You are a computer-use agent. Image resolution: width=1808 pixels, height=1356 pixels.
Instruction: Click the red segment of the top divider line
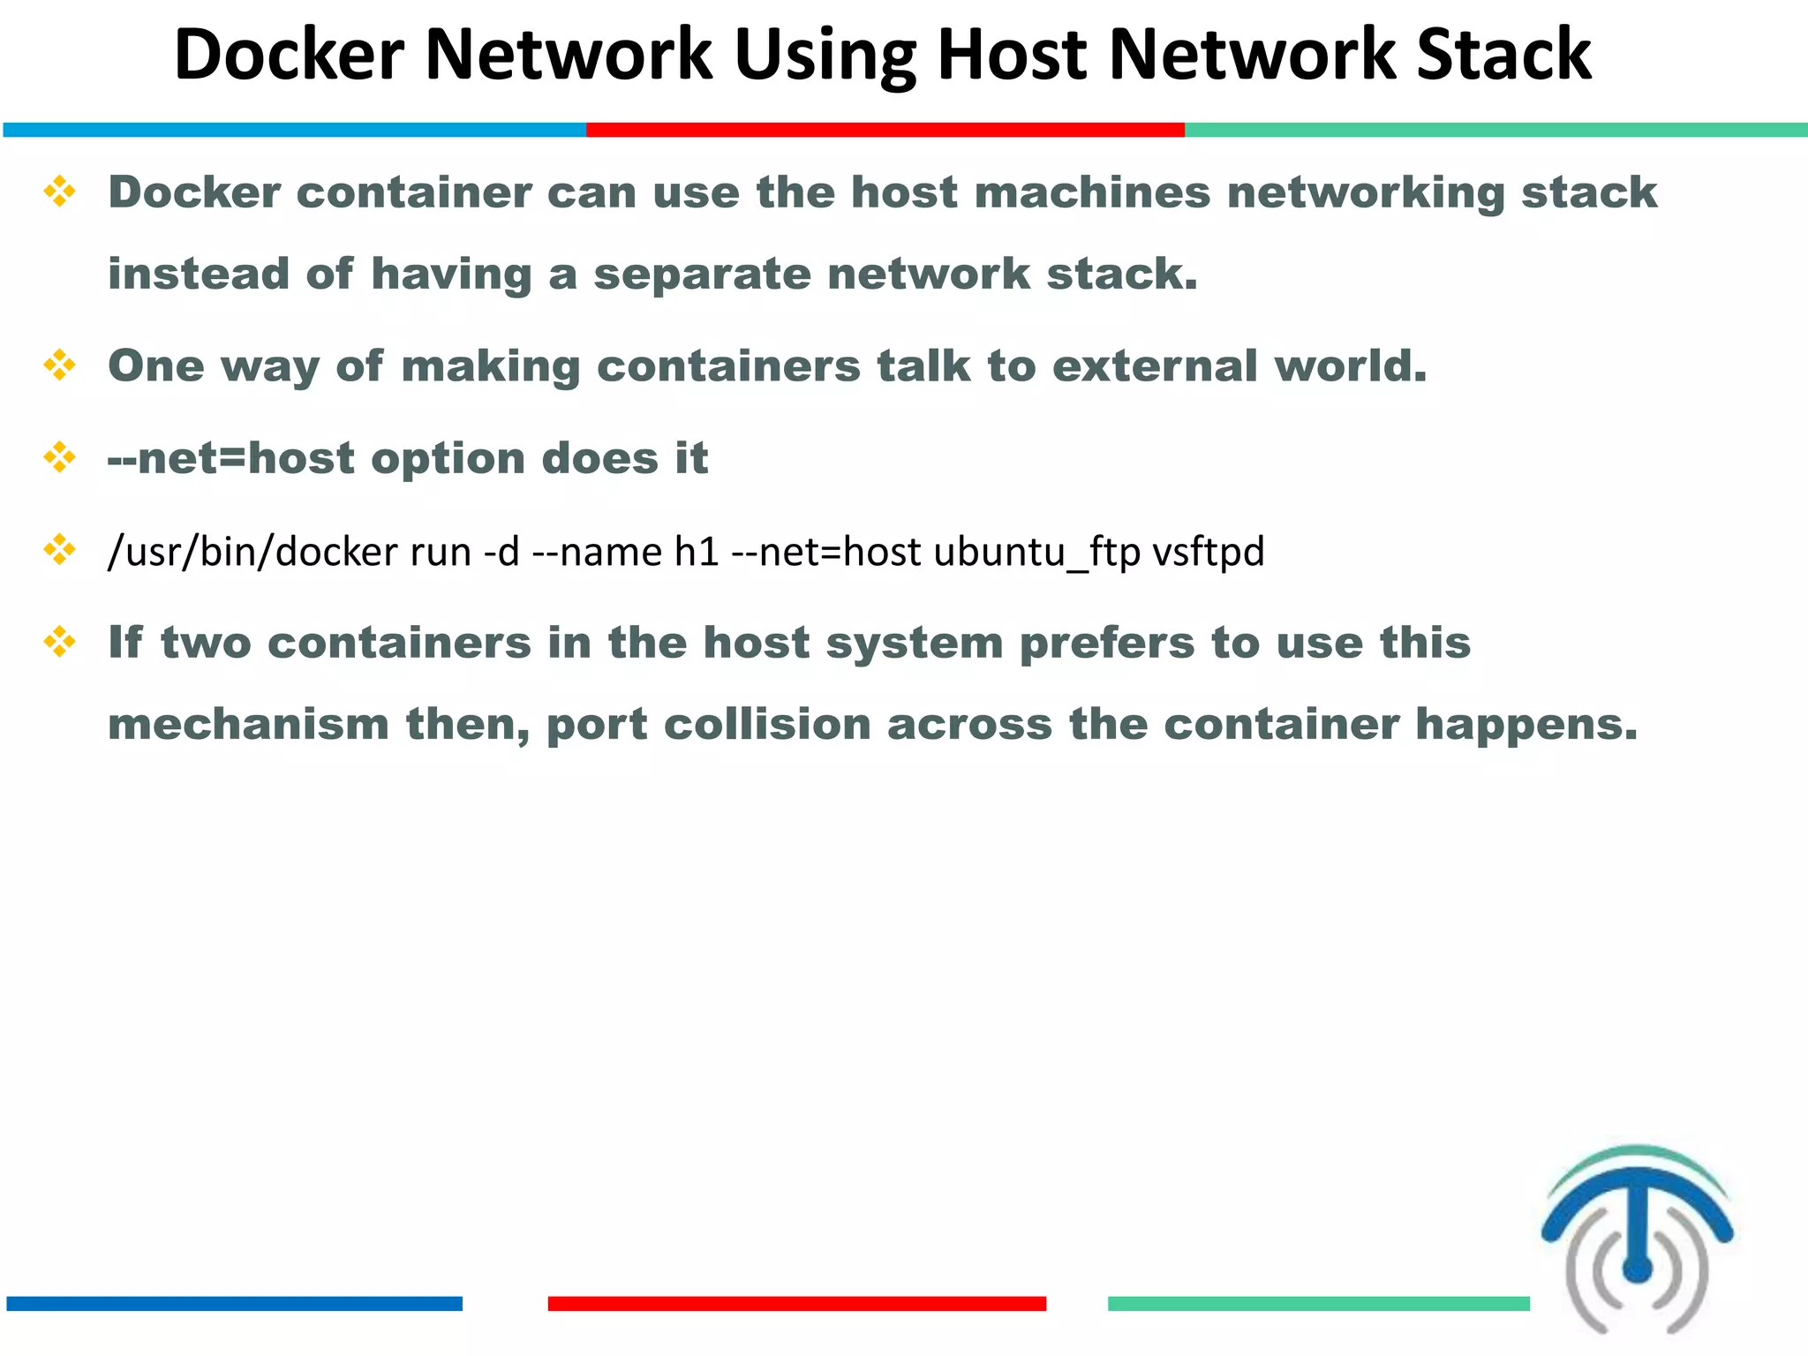885,130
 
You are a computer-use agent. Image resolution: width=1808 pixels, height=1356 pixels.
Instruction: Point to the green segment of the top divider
1495,130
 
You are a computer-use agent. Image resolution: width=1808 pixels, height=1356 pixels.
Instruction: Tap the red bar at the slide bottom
796,1303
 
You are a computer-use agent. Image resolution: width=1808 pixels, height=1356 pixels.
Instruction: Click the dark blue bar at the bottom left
234,1303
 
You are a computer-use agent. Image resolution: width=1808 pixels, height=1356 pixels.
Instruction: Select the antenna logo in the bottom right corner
1638,1236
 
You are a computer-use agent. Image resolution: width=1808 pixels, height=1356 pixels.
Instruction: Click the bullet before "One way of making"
59,365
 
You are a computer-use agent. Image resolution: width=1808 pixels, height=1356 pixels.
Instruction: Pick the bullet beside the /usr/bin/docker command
59,549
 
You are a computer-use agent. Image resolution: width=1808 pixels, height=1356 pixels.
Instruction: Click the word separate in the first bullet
702,274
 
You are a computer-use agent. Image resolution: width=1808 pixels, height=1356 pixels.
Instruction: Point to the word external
1155,365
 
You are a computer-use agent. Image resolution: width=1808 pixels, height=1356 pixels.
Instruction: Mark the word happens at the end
1526,724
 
